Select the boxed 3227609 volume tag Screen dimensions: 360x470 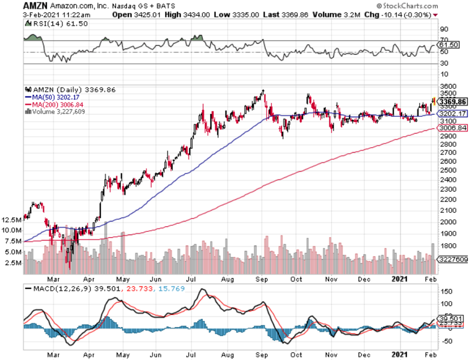453,260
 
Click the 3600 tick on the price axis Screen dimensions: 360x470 447,86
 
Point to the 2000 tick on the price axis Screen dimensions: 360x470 447,222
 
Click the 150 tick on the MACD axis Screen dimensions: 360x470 445,291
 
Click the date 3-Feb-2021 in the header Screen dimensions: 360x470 21,16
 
